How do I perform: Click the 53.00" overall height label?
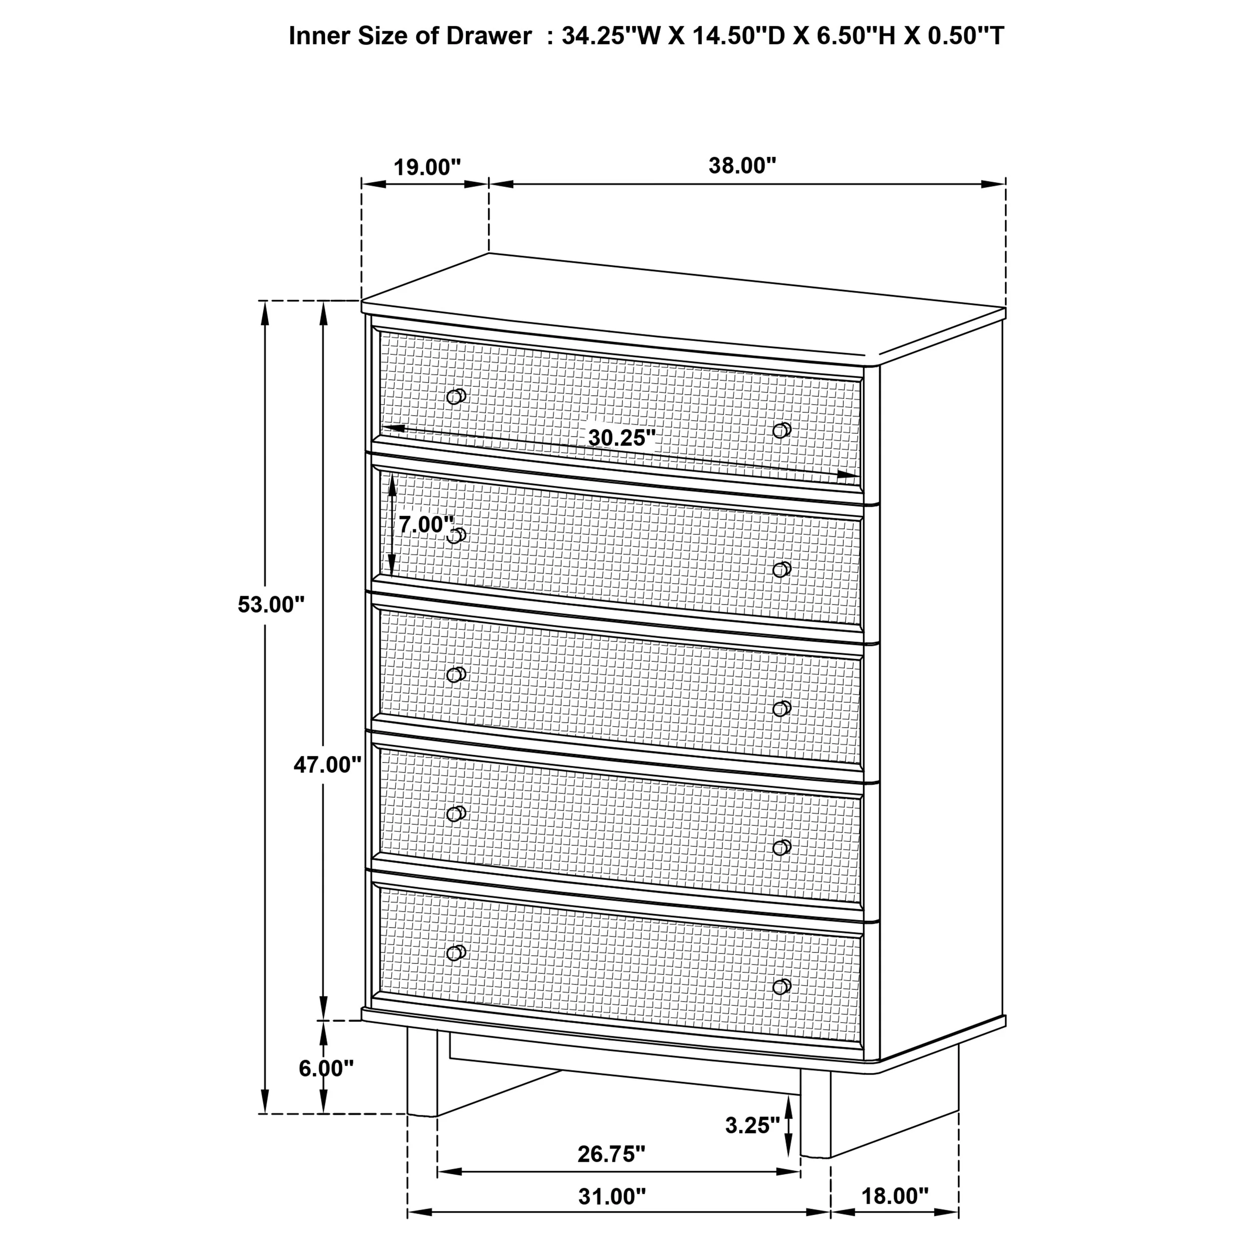[270, 605]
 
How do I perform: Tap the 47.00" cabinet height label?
[327, 765]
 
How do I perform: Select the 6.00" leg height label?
[325, 1068]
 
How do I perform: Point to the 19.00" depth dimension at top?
[427, 167]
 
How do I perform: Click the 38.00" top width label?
[742, 166]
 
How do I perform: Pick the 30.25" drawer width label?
[621, 438]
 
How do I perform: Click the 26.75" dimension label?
[611, 1154]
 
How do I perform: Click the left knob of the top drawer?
[456, 396]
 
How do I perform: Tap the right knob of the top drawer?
[781, 430]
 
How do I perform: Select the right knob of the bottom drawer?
[781, 986]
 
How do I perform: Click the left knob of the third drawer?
[456, 675]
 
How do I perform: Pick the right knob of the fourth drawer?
[781, 847]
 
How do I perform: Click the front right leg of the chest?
[815, 1120]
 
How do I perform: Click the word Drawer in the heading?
[488, 36]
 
